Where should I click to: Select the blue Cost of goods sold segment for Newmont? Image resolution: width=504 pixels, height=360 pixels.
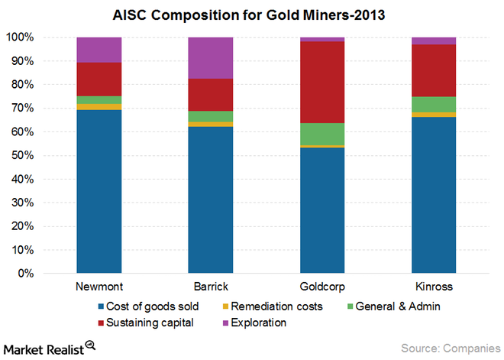(99, 191)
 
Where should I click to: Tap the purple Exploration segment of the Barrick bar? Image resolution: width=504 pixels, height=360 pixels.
(211, 57)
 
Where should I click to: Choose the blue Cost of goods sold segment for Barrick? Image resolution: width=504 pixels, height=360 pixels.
(211, 199)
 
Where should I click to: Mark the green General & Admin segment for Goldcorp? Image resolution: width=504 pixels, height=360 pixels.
(322, 134)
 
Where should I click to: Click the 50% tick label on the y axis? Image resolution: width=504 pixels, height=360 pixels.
(20, 155)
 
